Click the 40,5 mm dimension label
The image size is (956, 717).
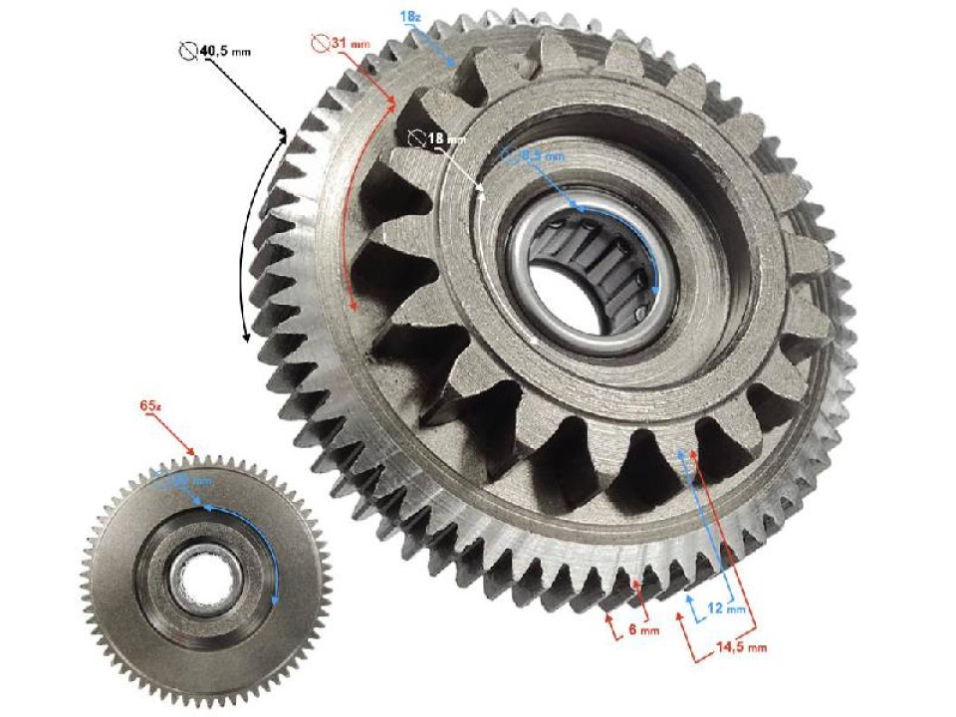pyautogui.click(x=226, y=50)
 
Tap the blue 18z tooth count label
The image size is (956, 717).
pyautogui.click(x=408, y=18)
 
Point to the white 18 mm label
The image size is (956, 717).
pyautogui.click(x=434, y=138)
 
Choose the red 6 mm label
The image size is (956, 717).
pyautogui.click(x=643, y=629)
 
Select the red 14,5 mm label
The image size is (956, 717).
pyautogui.click(x=742, y=647)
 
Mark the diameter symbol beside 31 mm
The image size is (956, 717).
pyautogui.click(x=320, y=43)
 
